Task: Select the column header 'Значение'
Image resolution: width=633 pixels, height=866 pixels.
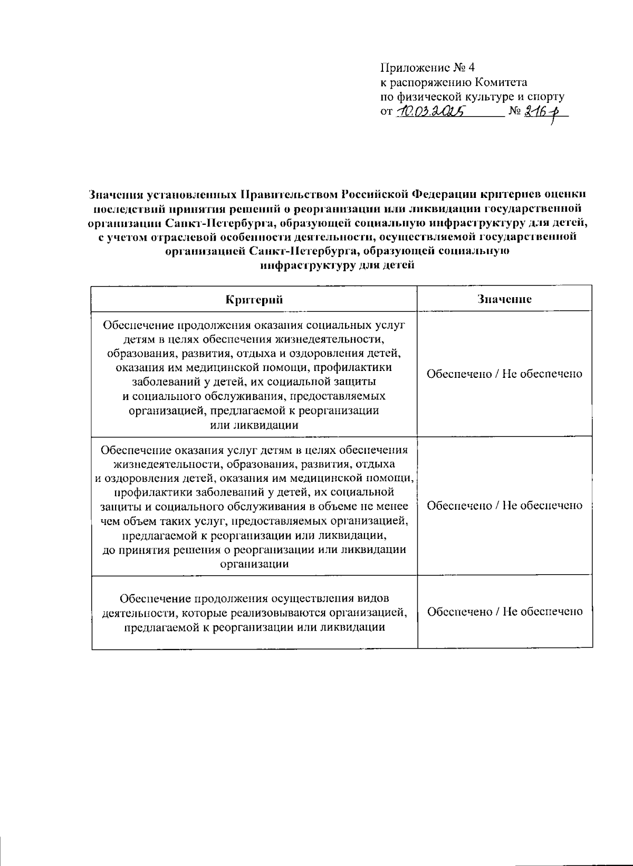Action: (504, 299)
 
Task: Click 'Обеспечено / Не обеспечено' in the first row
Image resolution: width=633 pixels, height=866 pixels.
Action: (504, 374)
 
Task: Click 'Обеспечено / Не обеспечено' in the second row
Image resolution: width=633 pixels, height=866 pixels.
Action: (504, 506)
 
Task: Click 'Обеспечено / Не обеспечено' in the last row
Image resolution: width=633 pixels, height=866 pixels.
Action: (504, 612)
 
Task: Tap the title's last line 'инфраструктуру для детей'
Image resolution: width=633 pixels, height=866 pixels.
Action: (338, 265)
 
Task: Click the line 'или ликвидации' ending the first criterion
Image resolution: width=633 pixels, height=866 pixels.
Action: (254, 425)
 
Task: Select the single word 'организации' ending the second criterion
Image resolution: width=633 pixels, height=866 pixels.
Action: (254, 564)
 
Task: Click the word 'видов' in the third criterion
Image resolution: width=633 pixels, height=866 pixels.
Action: (373, 598)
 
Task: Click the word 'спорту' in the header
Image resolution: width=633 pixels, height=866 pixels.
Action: (547, 97)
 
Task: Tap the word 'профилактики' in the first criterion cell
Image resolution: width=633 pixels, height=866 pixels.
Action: (359, 367)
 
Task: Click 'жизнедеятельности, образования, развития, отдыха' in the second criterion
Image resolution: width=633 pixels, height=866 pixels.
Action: (254, 464)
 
